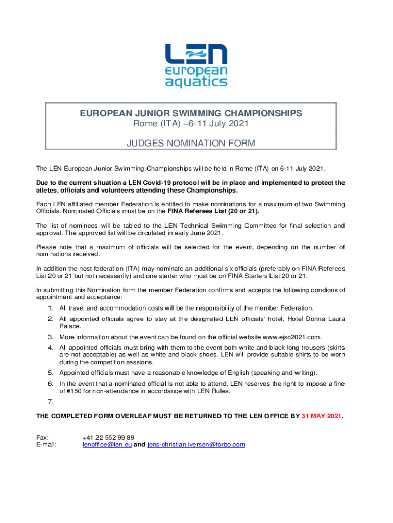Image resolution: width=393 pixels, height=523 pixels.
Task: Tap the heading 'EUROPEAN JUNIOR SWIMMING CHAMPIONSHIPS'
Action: [x=190, y=113]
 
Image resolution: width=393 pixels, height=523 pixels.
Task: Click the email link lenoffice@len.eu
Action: [x=107, y=445]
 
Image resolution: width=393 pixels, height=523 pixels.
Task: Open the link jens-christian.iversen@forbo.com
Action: [x=196, y=445]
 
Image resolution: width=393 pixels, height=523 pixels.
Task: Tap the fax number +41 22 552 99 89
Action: [x=108, y=437]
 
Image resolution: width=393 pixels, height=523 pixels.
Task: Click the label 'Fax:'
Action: [x=42, y=437]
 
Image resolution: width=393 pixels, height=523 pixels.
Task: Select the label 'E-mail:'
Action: [x=46, y=445]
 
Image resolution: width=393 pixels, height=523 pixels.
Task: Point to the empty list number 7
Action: [x=50, y=401]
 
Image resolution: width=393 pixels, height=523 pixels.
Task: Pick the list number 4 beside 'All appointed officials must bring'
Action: [x=50, y=347]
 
